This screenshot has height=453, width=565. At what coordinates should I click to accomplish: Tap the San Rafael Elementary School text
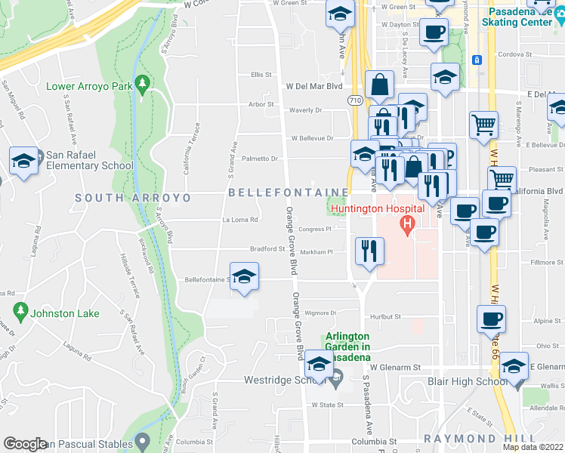click(x=89, y=160)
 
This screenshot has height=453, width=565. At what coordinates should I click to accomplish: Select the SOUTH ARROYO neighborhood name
click(x=133, y=198)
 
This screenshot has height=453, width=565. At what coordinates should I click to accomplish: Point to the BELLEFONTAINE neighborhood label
click(x=289, y=193)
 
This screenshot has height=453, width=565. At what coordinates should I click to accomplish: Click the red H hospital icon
click(x=407, y=224)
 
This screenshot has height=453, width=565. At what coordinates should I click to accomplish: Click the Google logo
click(x=26, y=444)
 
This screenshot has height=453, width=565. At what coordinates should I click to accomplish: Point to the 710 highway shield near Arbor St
click(x=354, y=100)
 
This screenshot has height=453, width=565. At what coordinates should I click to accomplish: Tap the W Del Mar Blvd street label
click(x=313, y=86)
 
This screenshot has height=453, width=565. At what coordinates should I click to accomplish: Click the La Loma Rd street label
click(x=240, y=220)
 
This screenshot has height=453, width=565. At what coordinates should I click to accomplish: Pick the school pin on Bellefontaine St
click(x=243, y=276)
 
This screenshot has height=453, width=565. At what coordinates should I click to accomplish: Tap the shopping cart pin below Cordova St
click(x=483, y=123)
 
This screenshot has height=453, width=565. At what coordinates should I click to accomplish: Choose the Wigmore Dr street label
click(x=321, y=312)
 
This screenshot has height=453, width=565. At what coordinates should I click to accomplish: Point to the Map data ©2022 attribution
click(x=533, y=447)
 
